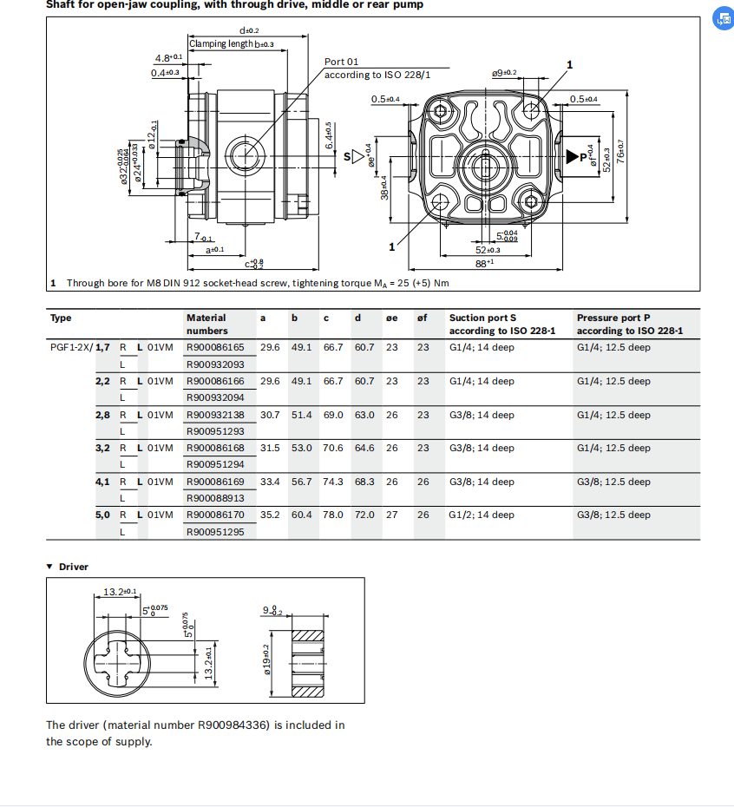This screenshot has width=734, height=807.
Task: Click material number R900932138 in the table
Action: (x=215, y=415)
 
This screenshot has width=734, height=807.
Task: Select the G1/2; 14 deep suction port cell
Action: (x=481, y=515)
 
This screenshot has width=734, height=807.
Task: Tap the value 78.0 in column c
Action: (x=333, y=515)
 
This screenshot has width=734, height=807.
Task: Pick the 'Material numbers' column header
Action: (x=206, y=324)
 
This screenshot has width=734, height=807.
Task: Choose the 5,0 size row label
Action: (x=102, y=515)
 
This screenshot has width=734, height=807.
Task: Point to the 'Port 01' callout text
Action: (x=341, y=62)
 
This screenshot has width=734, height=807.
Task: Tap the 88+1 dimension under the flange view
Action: (x=483, y=262)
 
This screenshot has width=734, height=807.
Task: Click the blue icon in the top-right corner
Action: (x=722, y=20)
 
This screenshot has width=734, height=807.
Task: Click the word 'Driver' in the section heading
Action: (x=74, y=567)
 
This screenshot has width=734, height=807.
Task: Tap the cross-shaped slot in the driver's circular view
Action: (x=115, y=656)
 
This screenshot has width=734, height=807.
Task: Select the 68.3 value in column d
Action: (x=364, y=482)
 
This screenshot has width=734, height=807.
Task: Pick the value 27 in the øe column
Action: (x=392, y=515)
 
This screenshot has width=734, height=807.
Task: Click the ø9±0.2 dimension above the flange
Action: (x=503, y=73)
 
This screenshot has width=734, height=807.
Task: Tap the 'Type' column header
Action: (x=61, y=318)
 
